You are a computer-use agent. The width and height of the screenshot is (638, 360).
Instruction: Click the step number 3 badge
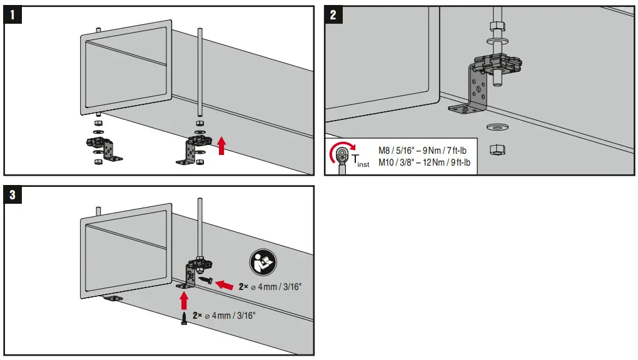click(13, 195)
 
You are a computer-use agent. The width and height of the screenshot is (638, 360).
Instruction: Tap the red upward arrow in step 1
click(220, 146)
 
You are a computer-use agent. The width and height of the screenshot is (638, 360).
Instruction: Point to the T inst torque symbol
click(361, 161)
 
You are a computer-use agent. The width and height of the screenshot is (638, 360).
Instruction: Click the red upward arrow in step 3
click(184, 302)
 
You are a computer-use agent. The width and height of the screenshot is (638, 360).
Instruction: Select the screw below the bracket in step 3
click(184, 319)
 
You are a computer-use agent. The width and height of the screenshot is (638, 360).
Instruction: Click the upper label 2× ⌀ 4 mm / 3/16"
click(271, 286)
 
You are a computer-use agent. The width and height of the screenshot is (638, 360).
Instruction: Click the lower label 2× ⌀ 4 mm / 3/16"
click(224, 316)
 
